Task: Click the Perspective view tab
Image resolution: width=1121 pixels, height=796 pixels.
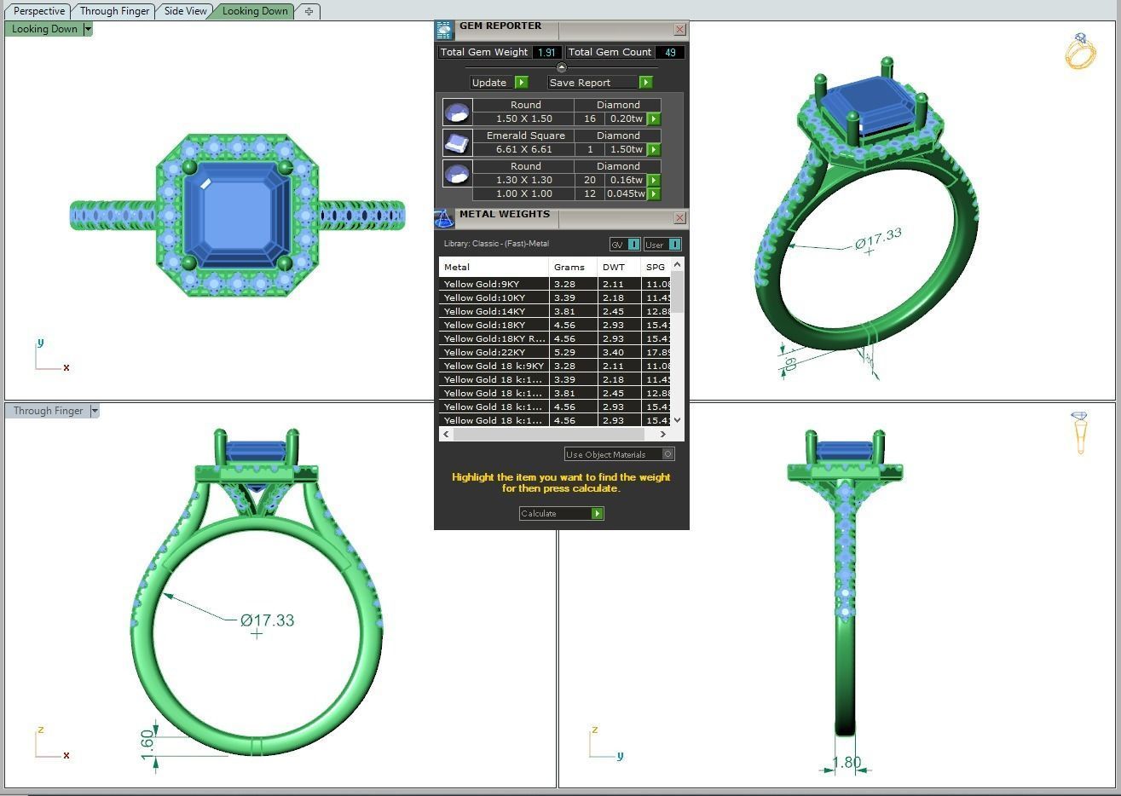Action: coord(39,11)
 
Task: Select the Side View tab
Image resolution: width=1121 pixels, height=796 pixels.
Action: coord(185,11)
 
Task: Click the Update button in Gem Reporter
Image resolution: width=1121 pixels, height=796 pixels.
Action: coord(499,83)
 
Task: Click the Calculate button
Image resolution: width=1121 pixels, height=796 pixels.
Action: coord(561,513)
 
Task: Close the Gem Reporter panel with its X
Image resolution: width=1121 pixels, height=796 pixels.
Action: coord(679,29)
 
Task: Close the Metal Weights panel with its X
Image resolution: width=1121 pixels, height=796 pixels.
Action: coord(679,218)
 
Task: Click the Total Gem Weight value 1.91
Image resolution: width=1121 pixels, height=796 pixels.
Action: coord(546,52)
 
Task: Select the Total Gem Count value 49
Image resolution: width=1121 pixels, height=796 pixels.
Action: coord(670,52)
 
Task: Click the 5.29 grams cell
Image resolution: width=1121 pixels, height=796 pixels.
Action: coord(564,352)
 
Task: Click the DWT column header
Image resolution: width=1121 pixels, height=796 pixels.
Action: coord(613,267)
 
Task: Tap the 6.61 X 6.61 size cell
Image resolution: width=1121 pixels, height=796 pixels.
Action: coord(523,149)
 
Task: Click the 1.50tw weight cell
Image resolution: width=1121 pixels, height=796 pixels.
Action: coord(626,149)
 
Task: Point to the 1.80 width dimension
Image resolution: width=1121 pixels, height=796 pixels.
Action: coord(847,763)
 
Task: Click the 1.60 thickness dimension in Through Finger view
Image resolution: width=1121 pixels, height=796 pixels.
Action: coord(147,740)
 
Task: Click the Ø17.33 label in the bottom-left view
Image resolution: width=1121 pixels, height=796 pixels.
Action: coord(267,620)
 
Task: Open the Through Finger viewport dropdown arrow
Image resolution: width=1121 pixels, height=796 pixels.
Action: coord(95,411)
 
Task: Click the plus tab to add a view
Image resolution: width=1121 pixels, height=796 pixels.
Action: coord(309,11)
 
